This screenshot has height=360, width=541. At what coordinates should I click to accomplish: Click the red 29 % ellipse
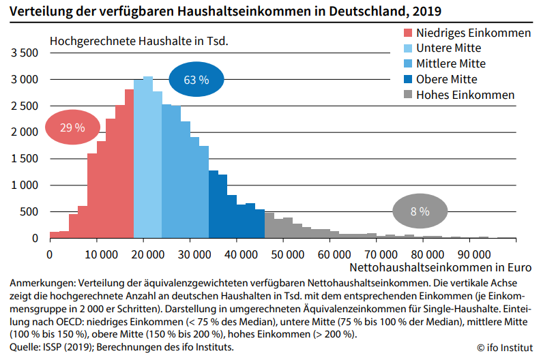point(72,127)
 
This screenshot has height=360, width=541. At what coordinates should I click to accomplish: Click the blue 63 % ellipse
point(196,80)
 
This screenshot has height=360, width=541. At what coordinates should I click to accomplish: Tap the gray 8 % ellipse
point(419,211)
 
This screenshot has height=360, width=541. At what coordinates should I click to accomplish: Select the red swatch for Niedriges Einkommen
point(407,33)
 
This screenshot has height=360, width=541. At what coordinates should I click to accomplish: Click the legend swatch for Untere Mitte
point(407,48)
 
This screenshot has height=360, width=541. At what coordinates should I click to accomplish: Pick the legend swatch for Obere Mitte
point(407,79)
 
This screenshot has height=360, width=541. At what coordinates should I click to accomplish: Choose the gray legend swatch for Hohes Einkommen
point(407,95)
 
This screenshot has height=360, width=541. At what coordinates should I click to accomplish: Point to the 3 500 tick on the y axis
point(25,53)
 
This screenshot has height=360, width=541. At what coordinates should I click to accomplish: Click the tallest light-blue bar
point(147,157)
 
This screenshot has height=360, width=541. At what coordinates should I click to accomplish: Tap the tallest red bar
point(129,164)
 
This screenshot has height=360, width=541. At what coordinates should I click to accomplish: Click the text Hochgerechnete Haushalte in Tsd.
point(138,40)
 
